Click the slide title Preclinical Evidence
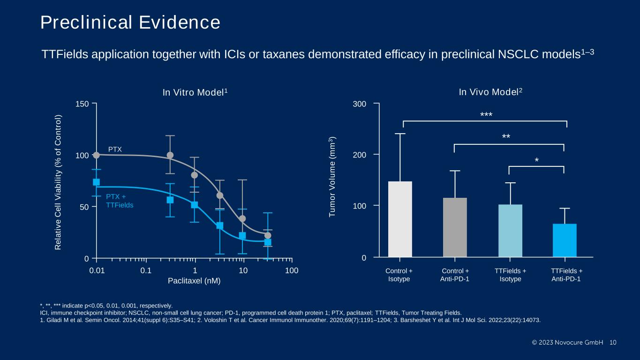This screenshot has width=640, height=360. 130,22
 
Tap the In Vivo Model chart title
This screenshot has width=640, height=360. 490,93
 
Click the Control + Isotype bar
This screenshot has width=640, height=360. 400,219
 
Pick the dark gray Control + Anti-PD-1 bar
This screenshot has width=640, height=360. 455,227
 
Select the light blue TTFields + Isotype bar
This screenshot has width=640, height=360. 510,231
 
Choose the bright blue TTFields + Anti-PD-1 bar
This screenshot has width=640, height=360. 565,240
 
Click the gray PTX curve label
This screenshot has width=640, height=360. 115,149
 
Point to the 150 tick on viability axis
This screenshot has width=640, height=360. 83,104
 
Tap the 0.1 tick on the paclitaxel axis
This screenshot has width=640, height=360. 146,271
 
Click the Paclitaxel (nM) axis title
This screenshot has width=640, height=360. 194,281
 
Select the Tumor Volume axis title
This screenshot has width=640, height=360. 332,177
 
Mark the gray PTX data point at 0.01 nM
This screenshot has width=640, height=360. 96,155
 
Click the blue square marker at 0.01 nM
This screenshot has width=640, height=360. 96,182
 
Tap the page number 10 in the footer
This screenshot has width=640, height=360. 613,342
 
